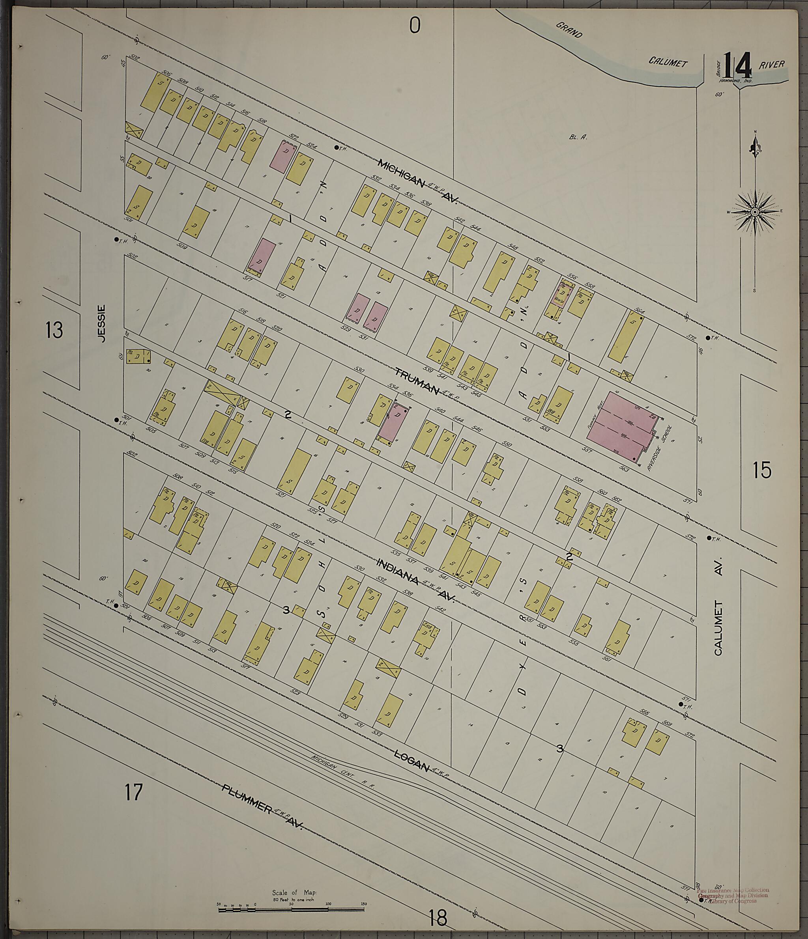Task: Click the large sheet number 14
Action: [737, 66]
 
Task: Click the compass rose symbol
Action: [754, 212]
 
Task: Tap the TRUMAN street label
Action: [417, 381]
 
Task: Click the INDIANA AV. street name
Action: [415, 581]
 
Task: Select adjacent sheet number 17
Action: [134, 792]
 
